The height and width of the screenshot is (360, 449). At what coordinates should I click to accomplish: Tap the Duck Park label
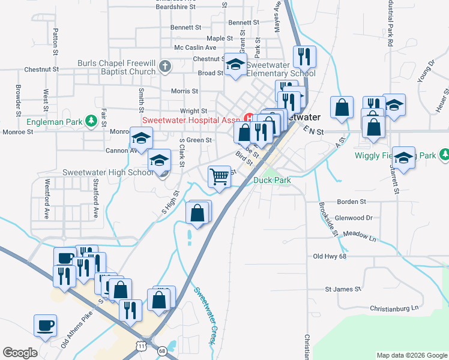(272, 180)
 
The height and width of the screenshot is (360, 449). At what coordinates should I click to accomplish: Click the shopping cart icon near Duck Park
(220, 176)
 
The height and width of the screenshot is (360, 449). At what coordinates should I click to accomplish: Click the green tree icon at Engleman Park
(91, 121)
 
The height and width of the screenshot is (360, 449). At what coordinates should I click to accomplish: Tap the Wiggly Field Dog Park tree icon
(444, 155)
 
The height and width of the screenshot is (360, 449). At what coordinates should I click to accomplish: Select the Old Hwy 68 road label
(330, 256)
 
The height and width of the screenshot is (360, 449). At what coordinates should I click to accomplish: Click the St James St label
(343, 289)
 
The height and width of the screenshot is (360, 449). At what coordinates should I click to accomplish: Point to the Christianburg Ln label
(394, 308)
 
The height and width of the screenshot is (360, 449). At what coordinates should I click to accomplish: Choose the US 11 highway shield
(140, 347)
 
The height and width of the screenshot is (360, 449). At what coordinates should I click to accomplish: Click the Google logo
(20, 352)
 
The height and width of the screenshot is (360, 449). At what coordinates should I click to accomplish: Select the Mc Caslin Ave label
(195, 47)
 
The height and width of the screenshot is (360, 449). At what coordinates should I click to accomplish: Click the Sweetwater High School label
(108, 173)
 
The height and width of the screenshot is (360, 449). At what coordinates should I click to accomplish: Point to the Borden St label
(351, 202)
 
